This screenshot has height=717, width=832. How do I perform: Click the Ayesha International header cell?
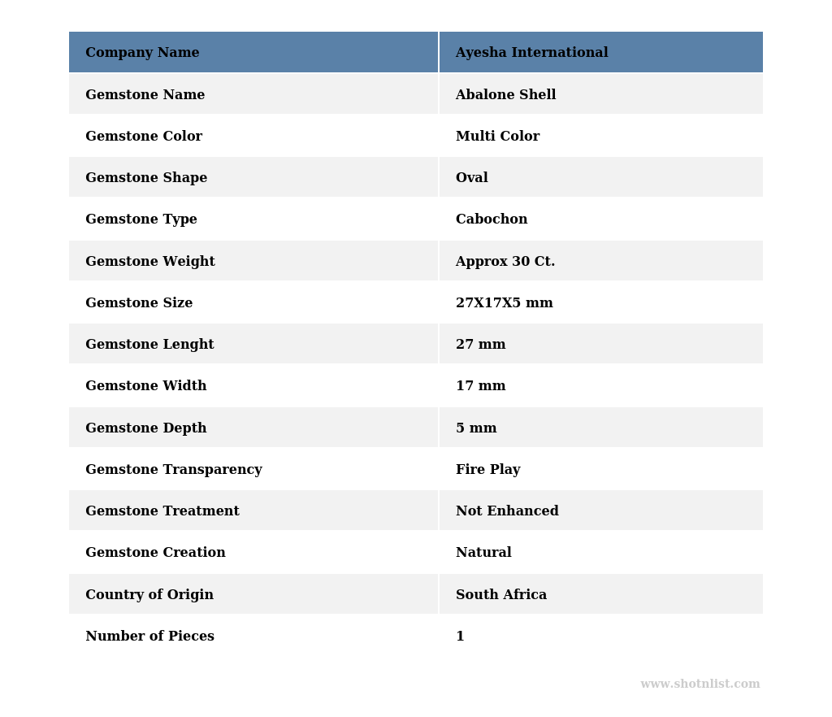[531, 53]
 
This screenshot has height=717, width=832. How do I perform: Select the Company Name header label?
[142, 53]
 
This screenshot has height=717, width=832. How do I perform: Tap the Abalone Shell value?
[505, 95]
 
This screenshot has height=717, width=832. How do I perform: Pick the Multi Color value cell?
[497, 137]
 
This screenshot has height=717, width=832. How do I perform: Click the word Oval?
[471, 178]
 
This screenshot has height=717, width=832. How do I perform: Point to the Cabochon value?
[491, 219]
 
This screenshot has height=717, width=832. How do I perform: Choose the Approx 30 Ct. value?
[505, 262]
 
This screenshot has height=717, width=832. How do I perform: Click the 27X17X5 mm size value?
[504, 303]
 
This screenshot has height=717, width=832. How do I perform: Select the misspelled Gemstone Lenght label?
[149, 345]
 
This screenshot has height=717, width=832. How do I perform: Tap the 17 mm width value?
[480, 386]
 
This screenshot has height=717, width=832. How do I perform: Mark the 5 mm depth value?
[475, 428]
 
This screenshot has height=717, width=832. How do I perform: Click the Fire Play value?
[487, 470]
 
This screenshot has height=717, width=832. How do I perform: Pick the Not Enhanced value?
[507, 511]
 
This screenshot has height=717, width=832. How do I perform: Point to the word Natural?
[483, 553]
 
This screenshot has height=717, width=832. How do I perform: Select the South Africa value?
[500, 595]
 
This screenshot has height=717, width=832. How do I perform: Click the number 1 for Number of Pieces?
[460, 637]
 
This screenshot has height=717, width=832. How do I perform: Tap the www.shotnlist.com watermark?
[700, 684]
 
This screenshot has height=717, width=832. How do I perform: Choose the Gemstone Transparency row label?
[173, 470]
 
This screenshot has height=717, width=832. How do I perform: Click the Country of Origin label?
[149, 595]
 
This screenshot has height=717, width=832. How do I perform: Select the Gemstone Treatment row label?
[162, 511]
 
